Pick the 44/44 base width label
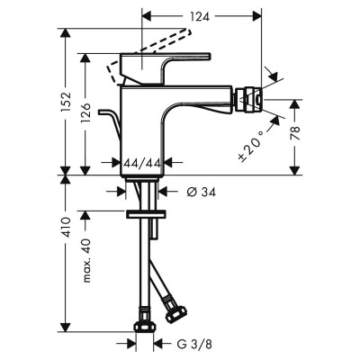click(142, 162)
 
